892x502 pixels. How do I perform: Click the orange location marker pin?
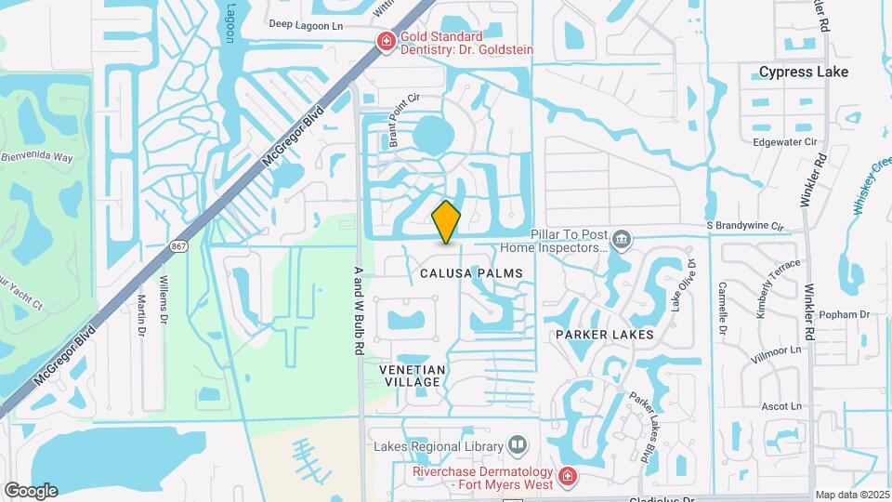[x=447, y=222]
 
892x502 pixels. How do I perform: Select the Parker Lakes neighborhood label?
[x=605, y=334]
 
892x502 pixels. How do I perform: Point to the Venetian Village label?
[x=413, y=376]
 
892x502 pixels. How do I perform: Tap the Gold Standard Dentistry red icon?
[x=385, y=40]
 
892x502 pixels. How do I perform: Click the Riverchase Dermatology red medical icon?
[x=567, y=478]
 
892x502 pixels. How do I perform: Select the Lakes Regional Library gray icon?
[x=517, y=446]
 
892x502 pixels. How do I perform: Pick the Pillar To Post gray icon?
[x=622, y=242]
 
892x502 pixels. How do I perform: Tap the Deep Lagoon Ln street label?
[x=307, y=26]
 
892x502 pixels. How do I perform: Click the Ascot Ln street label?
[x=781, y=406]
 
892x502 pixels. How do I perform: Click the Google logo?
[x=31, y=490]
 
